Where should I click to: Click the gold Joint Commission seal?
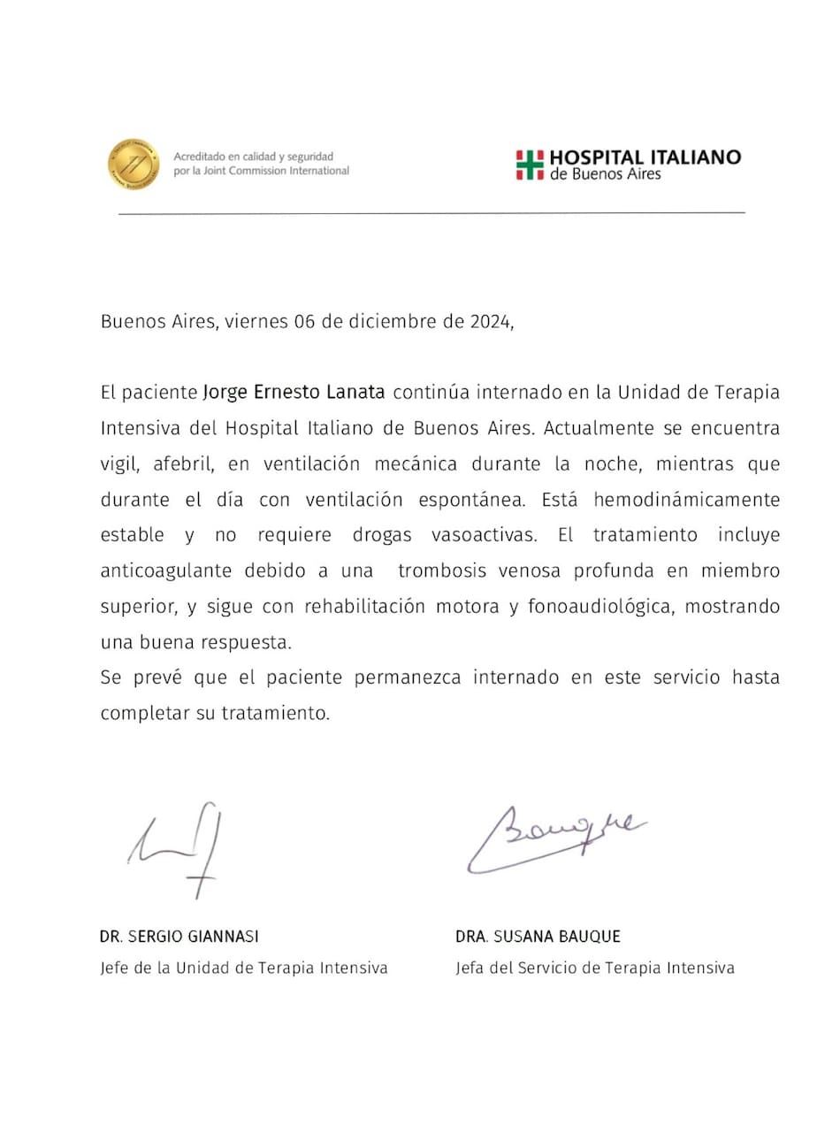134,163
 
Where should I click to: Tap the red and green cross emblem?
530,165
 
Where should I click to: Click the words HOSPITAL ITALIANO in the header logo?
645,157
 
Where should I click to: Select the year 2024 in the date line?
488,322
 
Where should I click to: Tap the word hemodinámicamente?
687,500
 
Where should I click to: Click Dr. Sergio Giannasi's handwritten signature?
177,849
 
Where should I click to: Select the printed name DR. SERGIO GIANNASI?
179,936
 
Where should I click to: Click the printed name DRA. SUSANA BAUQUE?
538,936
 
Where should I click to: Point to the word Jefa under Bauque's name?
472,968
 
